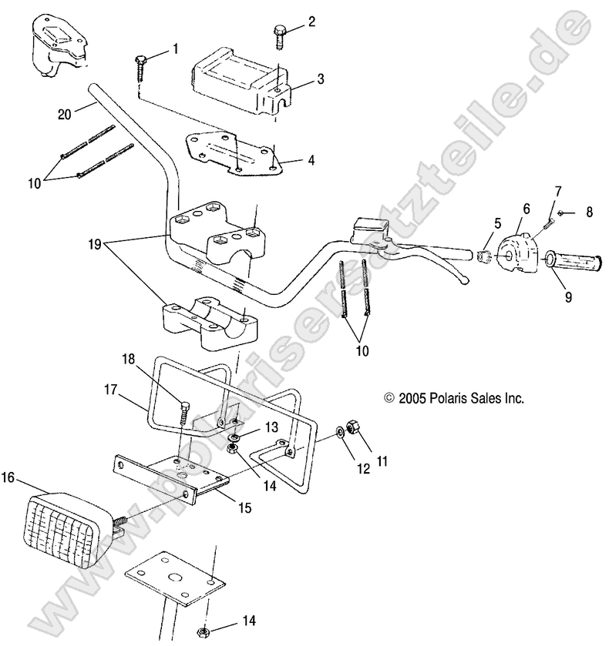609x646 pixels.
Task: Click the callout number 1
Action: [x=175, y=49]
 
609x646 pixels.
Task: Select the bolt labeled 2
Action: [x=280, y=35]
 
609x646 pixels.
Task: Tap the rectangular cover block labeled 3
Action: [x=234, y=79]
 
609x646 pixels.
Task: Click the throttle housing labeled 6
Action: [x=519, y=253]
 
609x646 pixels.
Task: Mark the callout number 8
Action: [x=589, y=212]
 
